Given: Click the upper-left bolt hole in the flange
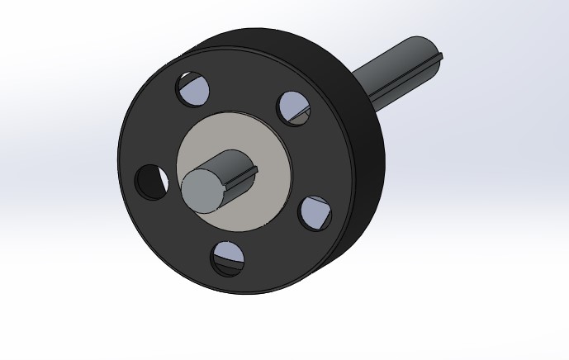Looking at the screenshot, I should click(192, 88).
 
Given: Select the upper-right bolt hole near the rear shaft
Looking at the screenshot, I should click(293, 107).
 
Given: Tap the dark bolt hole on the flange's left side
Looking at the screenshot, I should click(150, 182).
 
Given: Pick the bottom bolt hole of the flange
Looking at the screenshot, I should click(227, 258).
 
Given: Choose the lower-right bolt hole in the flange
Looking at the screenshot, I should click(315, 213).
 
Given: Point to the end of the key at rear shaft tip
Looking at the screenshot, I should click(439, 57).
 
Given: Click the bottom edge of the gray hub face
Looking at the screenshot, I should click(239, 232).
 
